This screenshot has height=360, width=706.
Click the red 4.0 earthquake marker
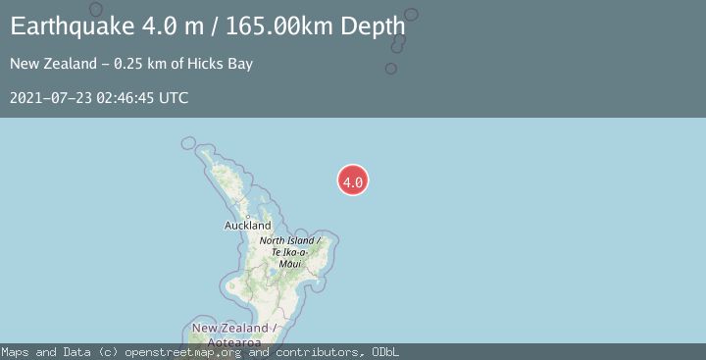pyautogui.click(x=353, y=180)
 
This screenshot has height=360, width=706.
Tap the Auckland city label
pyautogui.click(x=247, y=226)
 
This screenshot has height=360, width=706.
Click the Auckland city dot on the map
pyautogui.click(x=247, y=216)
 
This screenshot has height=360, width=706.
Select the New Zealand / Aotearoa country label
pyautogui.click(x=234, y=334)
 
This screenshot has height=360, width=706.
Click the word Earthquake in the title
pyautogui.click(x=65, y=26)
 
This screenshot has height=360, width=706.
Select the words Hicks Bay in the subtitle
pyautogui.click(x=224, y=65)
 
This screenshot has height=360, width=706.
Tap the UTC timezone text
pyautogui.click(x=173, y=98)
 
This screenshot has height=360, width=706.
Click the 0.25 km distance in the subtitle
pyautogui.click(x=139, y=65)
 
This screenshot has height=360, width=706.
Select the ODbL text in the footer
pyautogui.click(x=384, y=352)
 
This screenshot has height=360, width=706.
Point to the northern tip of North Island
pyautogui.click(x=200, y=150)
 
